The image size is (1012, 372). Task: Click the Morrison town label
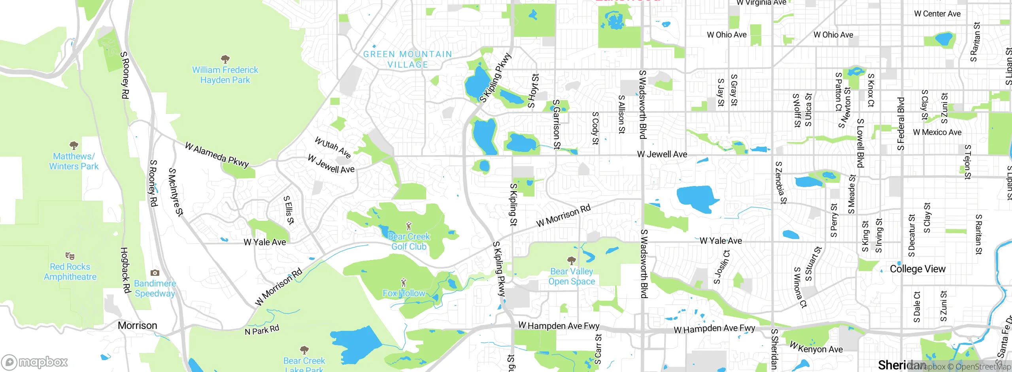[137, 326]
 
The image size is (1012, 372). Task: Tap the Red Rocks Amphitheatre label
[70, 272]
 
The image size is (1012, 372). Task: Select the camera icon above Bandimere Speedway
[155, 273]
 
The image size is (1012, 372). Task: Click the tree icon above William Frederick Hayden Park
[225, 59]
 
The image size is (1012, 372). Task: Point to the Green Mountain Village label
[407, 59]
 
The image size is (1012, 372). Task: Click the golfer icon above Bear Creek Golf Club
[409, 226]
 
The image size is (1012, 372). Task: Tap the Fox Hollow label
[404, 293]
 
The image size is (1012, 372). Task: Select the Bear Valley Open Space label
[572, 276]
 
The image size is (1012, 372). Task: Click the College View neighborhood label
[918, 269]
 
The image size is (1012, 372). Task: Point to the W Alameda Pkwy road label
[217, 155]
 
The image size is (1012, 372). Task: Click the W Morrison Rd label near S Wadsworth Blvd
[563, 216]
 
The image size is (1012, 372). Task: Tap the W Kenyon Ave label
[816, 347]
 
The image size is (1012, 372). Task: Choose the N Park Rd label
[262, 330]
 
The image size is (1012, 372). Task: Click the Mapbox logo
[35, 362]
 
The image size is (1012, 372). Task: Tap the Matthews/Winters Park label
[74, 161]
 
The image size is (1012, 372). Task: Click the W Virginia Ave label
[761, 3]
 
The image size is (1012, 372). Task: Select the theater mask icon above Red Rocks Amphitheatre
[70, 256]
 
